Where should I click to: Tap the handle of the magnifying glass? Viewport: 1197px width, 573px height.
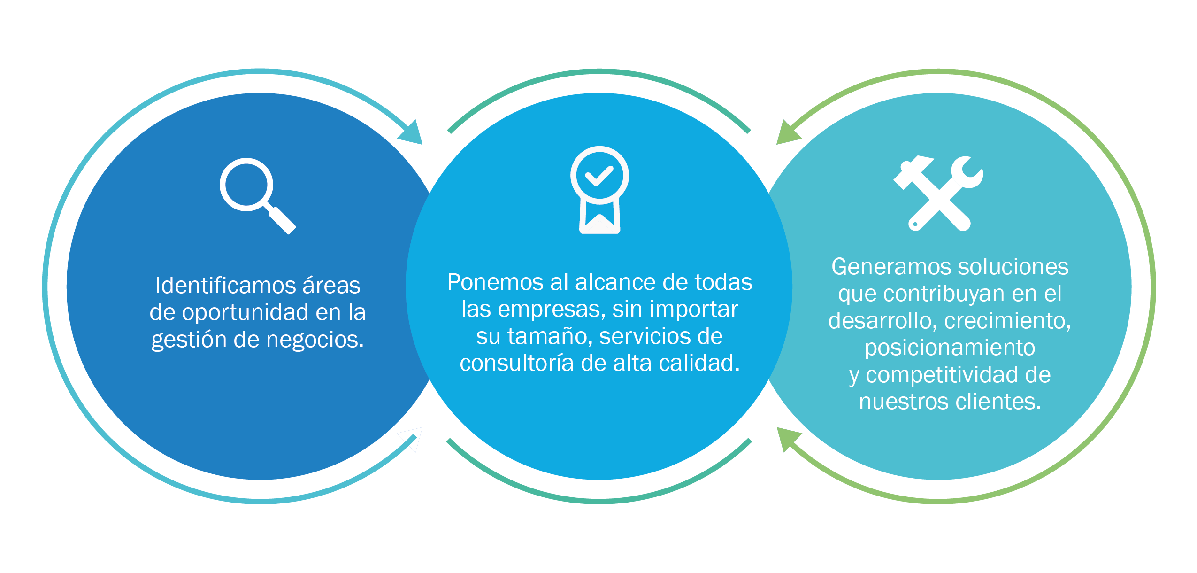(x=282, y=220)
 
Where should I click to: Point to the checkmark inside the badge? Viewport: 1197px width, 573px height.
(x=599, y=176)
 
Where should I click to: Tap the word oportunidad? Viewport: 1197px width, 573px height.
(x=245, y=312)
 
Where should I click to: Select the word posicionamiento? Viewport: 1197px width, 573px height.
(x=950, y=348)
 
